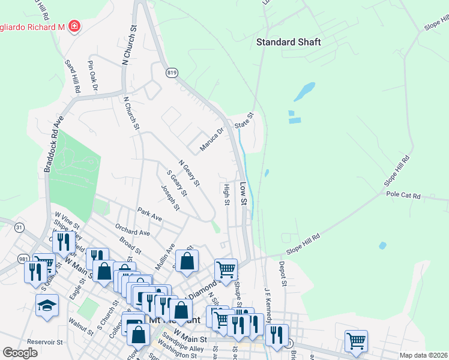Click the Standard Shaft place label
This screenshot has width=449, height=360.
tap(288, 42)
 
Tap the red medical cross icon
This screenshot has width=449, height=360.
tap(74, 27)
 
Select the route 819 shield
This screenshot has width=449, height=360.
tap(172, 73)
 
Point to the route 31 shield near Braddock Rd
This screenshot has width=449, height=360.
tap(19, 227)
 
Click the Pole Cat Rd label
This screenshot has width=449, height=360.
tap(403, 196)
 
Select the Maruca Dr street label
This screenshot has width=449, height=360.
tap(211, 139)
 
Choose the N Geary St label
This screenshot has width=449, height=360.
tap(189, 172)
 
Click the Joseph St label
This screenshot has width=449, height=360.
tap(170, 198)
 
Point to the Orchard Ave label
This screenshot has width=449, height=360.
tap(132, 232)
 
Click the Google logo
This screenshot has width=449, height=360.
tap(20, 353)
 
